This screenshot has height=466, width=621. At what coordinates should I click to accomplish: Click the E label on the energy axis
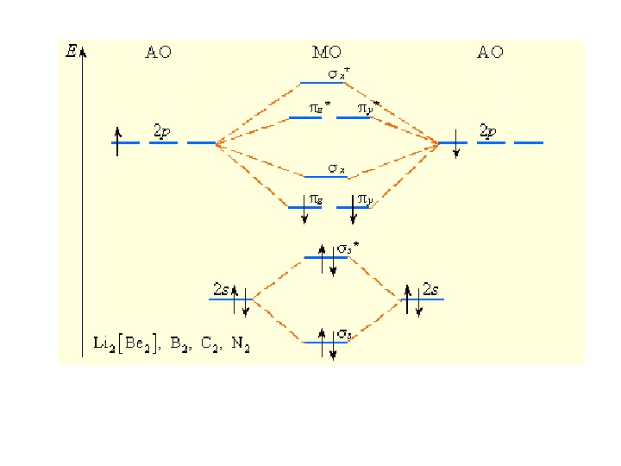click(x=71, y=51)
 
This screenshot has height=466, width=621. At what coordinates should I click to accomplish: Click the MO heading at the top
click(x=326, y=53)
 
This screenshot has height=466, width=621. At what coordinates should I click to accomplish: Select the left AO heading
click(x=158, y=53)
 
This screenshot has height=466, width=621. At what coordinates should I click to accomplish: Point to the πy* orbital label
click(x=368, y=109)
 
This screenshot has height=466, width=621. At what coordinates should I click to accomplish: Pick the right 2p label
click(x=487, y=131)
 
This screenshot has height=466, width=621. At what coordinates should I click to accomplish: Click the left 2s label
click(x=221, y=290)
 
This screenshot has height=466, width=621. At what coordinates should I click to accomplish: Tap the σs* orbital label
click(x=348, y=249)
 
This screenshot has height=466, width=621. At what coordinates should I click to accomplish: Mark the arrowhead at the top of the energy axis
click(x=82, y=50)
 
